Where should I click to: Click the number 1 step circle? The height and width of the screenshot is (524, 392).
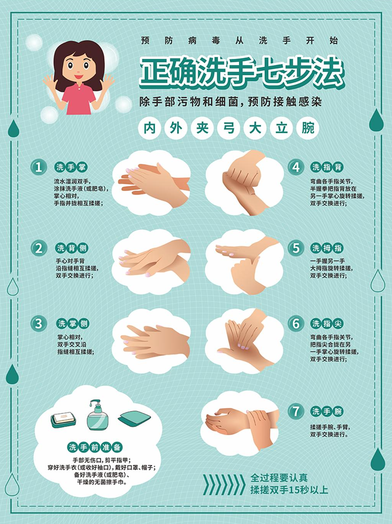pos(38,167)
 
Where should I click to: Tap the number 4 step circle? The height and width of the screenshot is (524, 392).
pos(296,167)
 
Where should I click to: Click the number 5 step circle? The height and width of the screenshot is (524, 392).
pos(296,248)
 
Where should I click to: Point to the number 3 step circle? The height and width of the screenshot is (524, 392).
pos(38,324)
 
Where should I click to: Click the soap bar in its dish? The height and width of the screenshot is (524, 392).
pos(63,420)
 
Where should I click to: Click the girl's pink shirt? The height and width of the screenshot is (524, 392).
pos(78,98)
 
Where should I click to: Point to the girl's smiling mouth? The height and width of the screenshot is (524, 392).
pos(78,77)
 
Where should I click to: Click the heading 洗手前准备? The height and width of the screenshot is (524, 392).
pos(95,447)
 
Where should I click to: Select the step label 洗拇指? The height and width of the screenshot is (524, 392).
pos(327,248)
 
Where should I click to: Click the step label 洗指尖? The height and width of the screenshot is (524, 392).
pos(327,324)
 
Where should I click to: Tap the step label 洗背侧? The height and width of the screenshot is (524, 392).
pos(72,248)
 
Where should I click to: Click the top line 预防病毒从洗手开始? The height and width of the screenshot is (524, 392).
pos(239,41)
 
